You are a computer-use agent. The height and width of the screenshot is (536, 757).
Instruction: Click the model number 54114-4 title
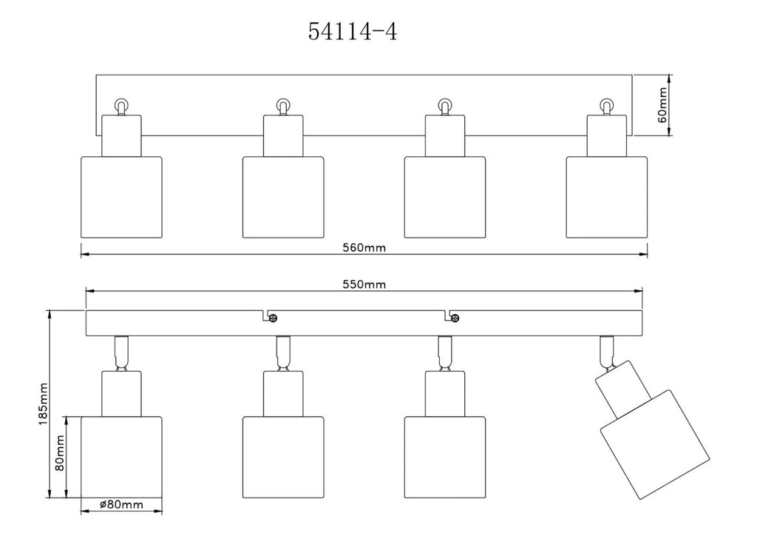coord(352,33)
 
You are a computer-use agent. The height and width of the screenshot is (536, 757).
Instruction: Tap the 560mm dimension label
coord(364,247)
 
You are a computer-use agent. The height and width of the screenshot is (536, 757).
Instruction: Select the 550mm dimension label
coord(364,284)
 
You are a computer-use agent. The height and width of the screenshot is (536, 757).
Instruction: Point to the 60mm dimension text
coord(662,104)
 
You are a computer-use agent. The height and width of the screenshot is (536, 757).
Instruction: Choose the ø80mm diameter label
coord(120,505)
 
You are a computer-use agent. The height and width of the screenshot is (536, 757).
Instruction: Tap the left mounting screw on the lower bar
coord(274,318)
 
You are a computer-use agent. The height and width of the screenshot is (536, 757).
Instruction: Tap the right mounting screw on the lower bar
coord(455,318)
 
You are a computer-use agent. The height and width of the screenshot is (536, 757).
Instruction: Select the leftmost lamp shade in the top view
coord(120,197)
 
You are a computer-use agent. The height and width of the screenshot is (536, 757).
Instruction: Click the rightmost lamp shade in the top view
coord(606,197)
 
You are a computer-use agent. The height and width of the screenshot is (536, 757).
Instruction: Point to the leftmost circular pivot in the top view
coord(120,105)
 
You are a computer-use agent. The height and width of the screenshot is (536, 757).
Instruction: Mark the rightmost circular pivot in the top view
coord(606,105)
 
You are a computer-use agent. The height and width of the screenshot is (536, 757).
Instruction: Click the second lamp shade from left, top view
coord(283,197)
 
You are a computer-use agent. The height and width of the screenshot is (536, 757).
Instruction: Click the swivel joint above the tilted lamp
coord(607,352)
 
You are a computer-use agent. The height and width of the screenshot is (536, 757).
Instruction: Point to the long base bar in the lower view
coord(366,324)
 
